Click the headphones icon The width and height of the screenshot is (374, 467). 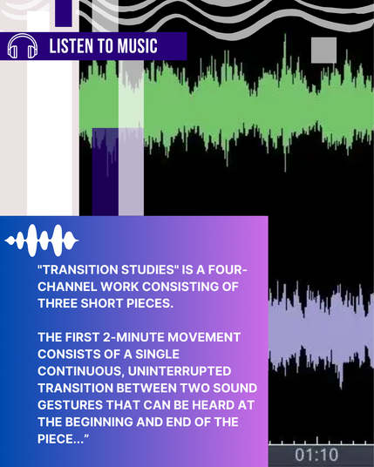point(23,46)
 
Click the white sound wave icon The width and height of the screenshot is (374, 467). point(42,240)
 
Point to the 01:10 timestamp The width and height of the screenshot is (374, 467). point(316,455)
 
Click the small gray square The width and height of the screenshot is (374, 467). point(324,50)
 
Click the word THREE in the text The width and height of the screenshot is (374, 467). point(58,303)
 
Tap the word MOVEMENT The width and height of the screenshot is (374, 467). point(204,337)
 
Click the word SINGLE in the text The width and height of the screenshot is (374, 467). point(157,354)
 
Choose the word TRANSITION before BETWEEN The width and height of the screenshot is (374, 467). point(75,388)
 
